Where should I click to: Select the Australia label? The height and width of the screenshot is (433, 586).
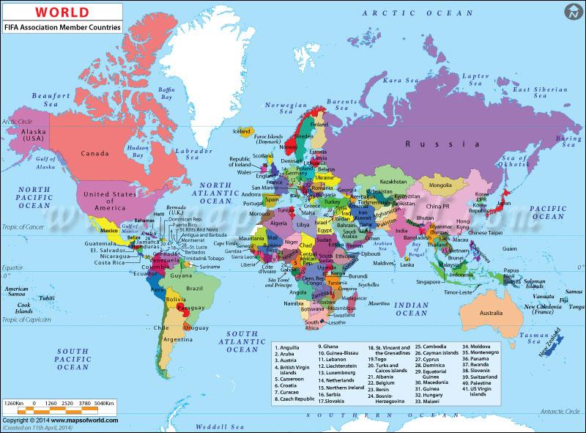tap(490, 313)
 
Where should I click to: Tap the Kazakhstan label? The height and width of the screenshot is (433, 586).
tap(393, 180)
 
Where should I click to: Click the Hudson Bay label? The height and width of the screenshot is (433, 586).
tap(138, 149)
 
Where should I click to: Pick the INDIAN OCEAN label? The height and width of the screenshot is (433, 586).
tap(411, 308)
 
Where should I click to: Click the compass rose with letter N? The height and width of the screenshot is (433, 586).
tap(570, 12)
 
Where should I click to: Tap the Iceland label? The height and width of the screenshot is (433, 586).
tap(241, 131)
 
